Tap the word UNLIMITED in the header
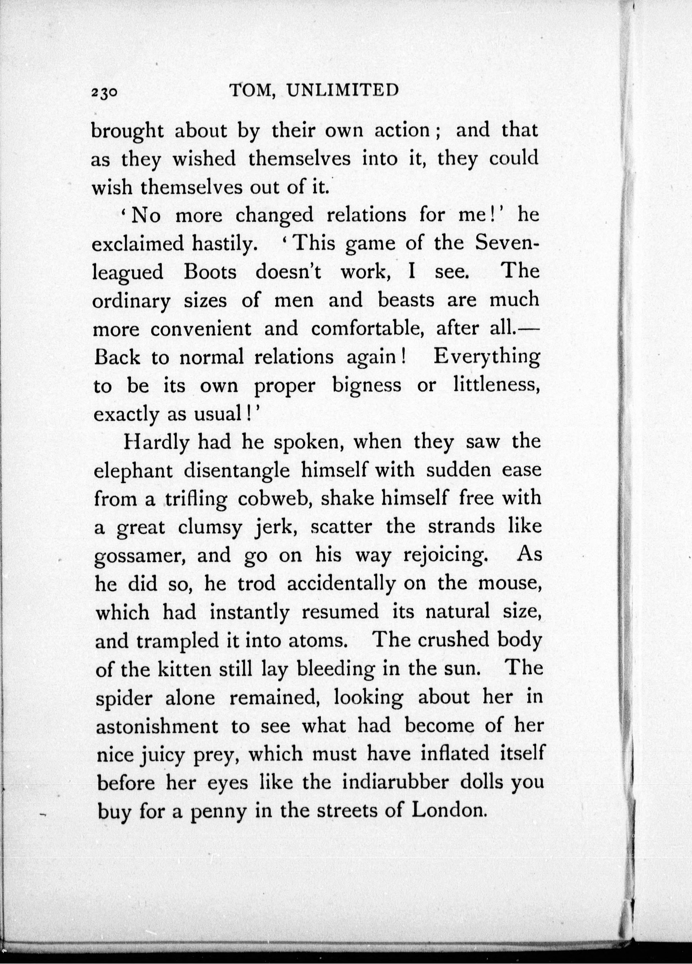point(342,90)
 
